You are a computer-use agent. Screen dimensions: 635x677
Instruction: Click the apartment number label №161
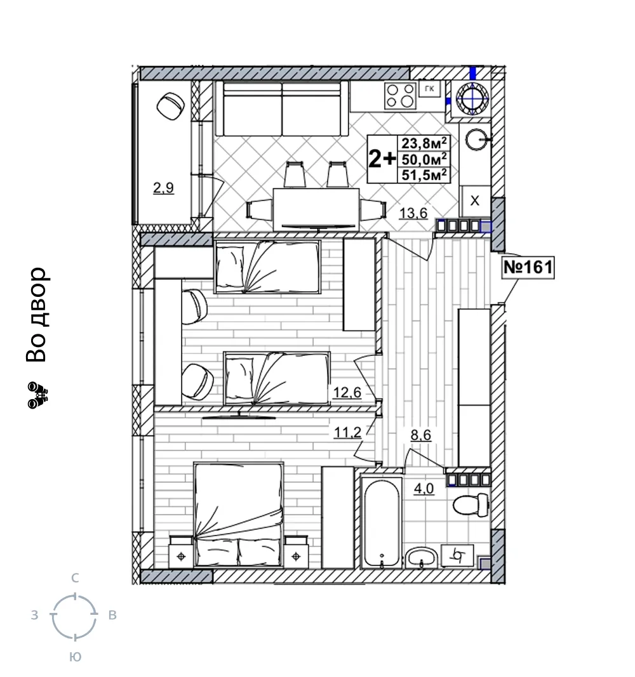click(x=528, y=267)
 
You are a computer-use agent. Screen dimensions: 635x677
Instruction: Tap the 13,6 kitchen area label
click(x=413, y=213)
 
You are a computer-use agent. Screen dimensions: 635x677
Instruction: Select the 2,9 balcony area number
click(x=163, y=188)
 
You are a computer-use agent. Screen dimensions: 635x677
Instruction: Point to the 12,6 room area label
click(x=347, y=393)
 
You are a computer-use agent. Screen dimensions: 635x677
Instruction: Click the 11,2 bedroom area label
click(x=347, y=431)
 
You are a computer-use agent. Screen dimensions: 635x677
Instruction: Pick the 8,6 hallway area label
click(x=420, y=435)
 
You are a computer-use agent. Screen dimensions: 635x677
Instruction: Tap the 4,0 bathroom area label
click(x=424, y=489)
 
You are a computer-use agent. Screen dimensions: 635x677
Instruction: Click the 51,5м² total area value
click(x=424, y=175)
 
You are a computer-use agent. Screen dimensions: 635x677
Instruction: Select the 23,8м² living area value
click(x=424, y=143)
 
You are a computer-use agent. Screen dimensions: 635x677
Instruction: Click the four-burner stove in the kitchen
click(x=400, y=95)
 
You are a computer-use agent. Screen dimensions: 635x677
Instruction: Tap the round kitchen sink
click(x=478, y=140)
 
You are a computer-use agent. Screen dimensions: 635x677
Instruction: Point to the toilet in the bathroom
click(x=471, y=504)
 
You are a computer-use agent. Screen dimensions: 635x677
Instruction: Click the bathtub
click(x=382, y=522)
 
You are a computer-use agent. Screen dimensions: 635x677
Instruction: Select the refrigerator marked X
click(x=475, y=200)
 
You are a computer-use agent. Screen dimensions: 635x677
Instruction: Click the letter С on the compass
click(x=75, y=578)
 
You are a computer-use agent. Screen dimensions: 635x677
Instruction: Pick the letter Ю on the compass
click(x=75, y=657)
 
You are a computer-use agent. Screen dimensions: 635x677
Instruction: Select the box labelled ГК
click(x=429, y=89)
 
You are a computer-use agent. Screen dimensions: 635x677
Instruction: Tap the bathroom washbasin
click(x=422, y=558)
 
